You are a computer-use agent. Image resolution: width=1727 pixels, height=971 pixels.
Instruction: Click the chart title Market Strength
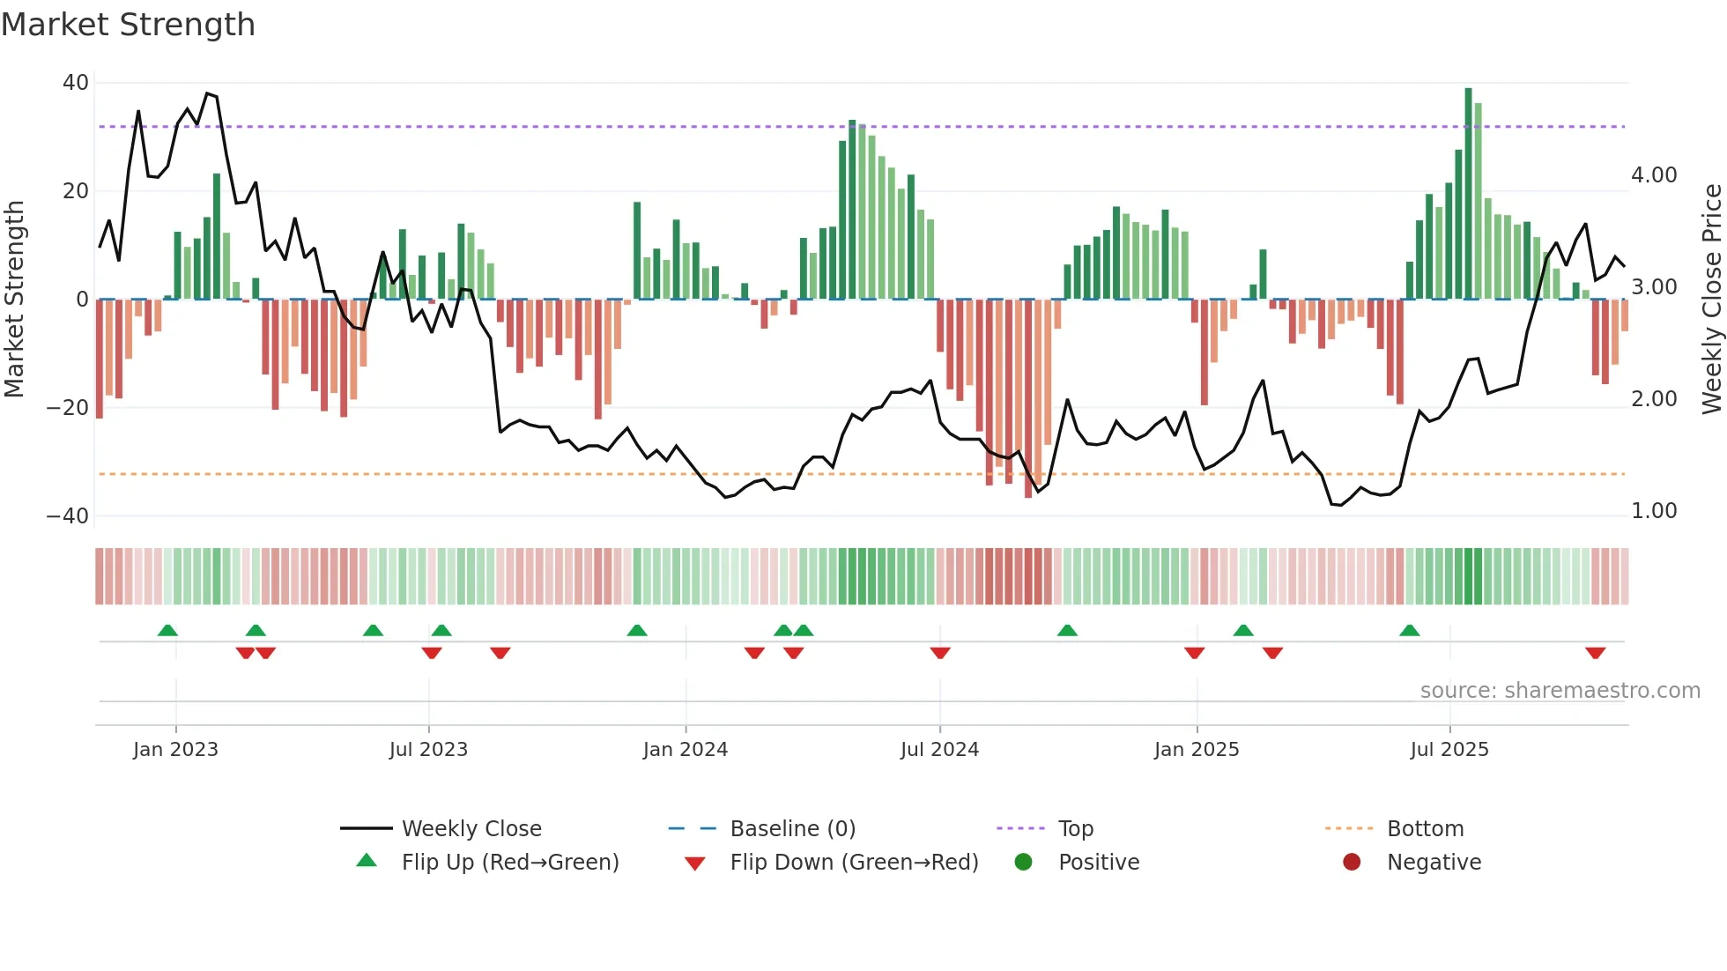point(128,25)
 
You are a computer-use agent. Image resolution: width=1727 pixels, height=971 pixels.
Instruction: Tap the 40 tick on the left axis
point(76,83)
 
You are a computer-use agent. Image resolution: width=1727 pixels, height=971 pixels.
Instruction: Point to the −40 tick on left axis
point(68,515)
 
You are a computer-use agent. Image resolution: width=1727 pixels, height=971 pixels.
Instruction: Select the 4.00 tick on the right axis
point(1654,175)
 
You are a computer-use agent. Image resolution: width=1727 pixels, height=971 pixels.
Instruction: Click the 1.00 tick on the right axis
point(1654,511)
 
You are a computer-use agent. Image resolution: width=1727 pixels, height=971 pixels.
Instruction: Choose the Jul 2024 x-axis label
point(939,750)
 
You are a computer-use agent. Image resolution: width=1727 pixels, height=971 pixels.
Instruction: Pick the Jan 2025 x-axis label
point(1196,750)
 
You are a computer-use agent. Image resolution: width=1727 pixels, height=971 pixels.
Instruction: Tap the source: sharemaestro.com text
point(1560,691)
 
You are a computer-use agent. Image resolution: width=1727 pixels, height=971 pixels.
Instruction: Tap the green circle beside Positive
point(1023,863)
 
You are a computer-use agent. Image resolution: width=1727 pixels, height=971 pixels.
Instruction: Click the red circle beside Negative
point(1352,863)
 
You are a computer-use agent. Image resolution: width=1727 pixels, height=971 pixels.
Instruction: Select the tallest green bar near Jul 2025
point(1468,194)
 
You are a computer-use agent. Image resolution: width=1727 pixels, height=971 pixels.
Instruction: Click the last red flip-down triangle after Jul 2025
point(1595,653)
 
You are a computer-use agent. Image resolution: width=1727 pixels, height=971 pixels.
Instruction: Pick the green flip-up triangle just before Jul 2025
point(1409,630)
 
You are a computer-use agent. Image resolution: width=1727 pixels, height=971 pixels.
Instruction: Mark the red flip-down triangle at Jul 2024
point(940,653)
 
